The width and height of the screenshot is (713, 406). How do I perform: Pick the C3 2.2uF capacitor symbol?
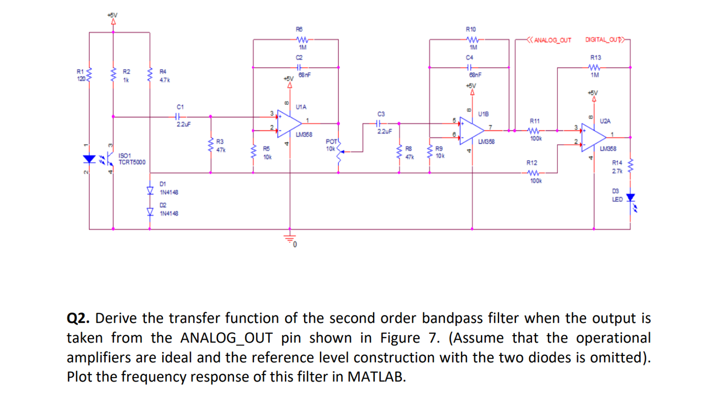coord(382,123)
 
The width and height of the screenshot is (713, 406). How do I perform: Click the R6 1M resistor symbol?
coord(302,39)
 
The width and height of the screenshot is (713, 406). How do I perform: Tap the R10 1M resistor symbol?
coord(472,39)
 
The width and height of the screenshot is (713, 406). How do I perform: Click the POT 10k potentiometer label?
coord(331,145)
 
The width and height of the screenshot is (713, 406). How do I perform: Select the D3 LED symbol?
coord(630,198)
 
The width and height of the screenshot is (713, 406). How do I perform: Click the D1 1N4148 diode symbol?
coord(150,191)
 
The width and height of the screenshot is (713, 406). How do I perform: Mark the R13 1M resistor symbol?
coord(594,67)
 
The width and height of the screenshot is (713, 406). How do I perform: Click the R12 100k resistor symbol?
coord(534,172)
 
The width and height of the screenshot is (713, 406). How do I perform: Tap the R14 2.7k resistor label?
coord(617,167)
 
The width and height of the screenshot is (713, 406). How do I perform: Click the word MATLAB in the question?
coord(376,377)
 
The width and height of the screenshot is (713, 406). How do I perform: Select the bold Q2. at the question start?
coord(78,319)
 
